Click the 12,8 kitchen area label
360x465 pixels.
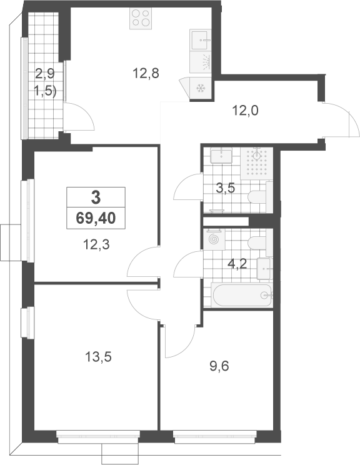(x=146, y=73)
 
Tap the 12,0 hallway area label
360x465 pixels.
(x=245, y=111)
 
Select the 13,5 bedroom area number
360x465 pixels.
(x=98, y=357)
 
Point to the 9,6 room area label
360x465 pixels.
(x=219, y=366)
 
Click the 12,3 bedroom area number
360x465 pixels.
(x=96, y=244)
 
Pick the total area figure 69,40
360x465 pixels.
(x=96, y=219)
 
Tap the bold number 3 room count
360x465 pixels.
(x=96, y=197)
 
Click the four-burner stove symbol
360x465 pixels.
(x=141, y=18)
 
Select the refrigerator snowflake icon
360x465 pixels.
(x=201, y=88)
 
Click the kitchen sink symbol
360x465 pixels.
(x=201, y=39)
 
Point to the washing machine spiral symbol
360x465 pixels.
(x=214, y=239)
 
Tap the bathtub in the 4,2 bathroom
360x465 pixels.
(x=242, y=296)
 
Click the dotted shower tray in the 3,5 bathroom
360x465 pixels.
(x=256, y=164)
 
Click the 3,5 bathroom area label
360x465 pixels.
(x=226, y=188)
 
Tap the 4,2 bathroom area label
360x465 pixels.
(x=237, y=264)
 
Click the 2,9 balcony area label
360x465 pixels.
(x=45, y=73)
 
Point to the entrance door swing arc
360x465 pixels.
(x=354, y=119)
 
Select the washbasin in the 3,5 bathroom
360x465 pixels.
(x=221, y=156)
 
